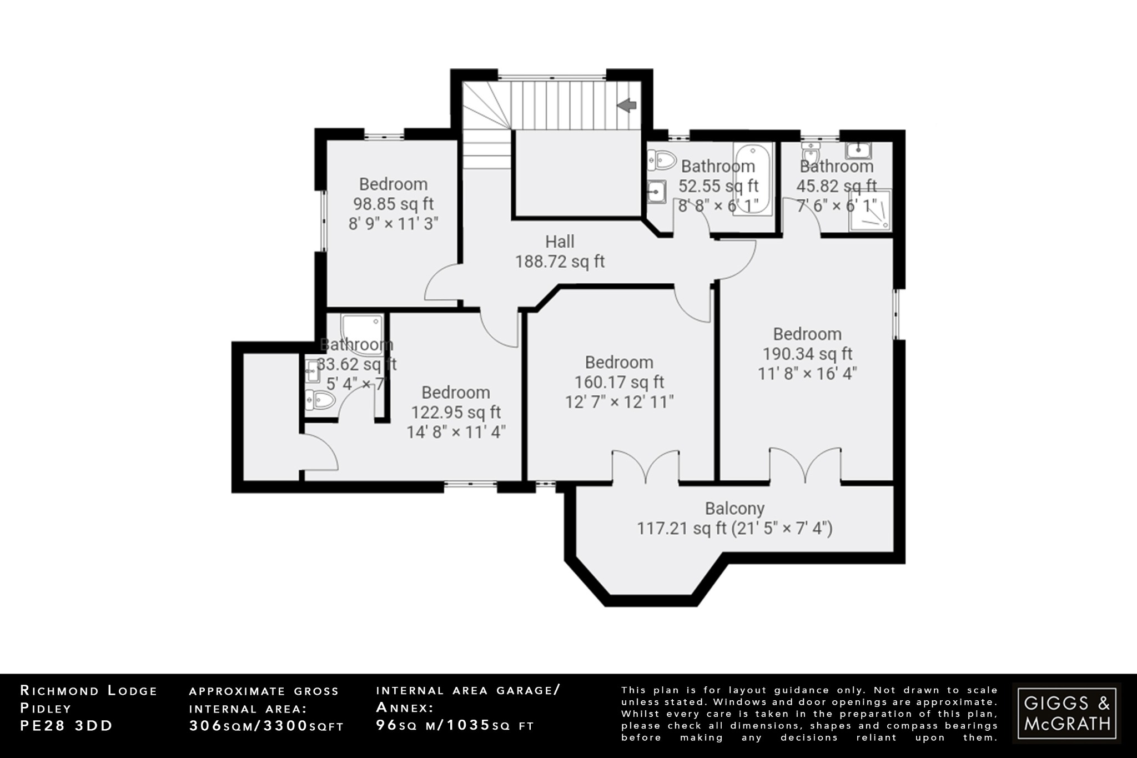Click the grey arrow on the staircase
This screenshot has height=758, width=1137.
(x=627, y=105)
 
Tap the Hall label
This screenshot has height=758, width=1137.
(x=560, y=242)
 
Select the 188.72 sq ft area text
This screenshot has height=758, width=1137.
(x=560, y=262)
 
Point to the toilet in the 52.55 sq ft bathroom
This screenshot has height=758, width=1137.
(x=663, y=160)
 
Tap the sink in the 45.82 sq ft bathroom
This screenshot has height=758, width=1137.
(x=859, y=149)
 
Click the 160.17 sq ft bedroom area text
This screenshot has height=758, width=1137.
(x=619, y=382)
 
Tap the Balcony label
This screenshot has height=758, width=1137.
(x=734, y=508)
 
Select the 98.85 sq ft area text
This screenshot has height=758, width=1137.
(x=393, y=204)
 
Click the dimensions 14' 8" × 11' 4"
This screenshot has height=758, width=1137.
(x=456, y=432)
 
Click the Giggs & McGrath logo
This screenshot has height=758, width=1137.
(x=1066, y=713)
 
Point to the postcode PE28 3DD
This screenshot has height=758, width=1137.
(x=67, y=726)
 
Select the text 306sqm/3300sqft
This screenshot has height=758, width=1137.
(x=266, y=726)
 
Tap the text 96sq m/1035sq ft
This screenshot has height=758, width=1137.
(x=455, y=725)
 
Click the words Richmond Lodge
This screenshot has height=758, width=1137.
(x=89, y=691)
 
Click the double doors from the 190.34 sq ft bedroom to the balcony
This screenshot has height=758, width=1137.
(x=804, y=465)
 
